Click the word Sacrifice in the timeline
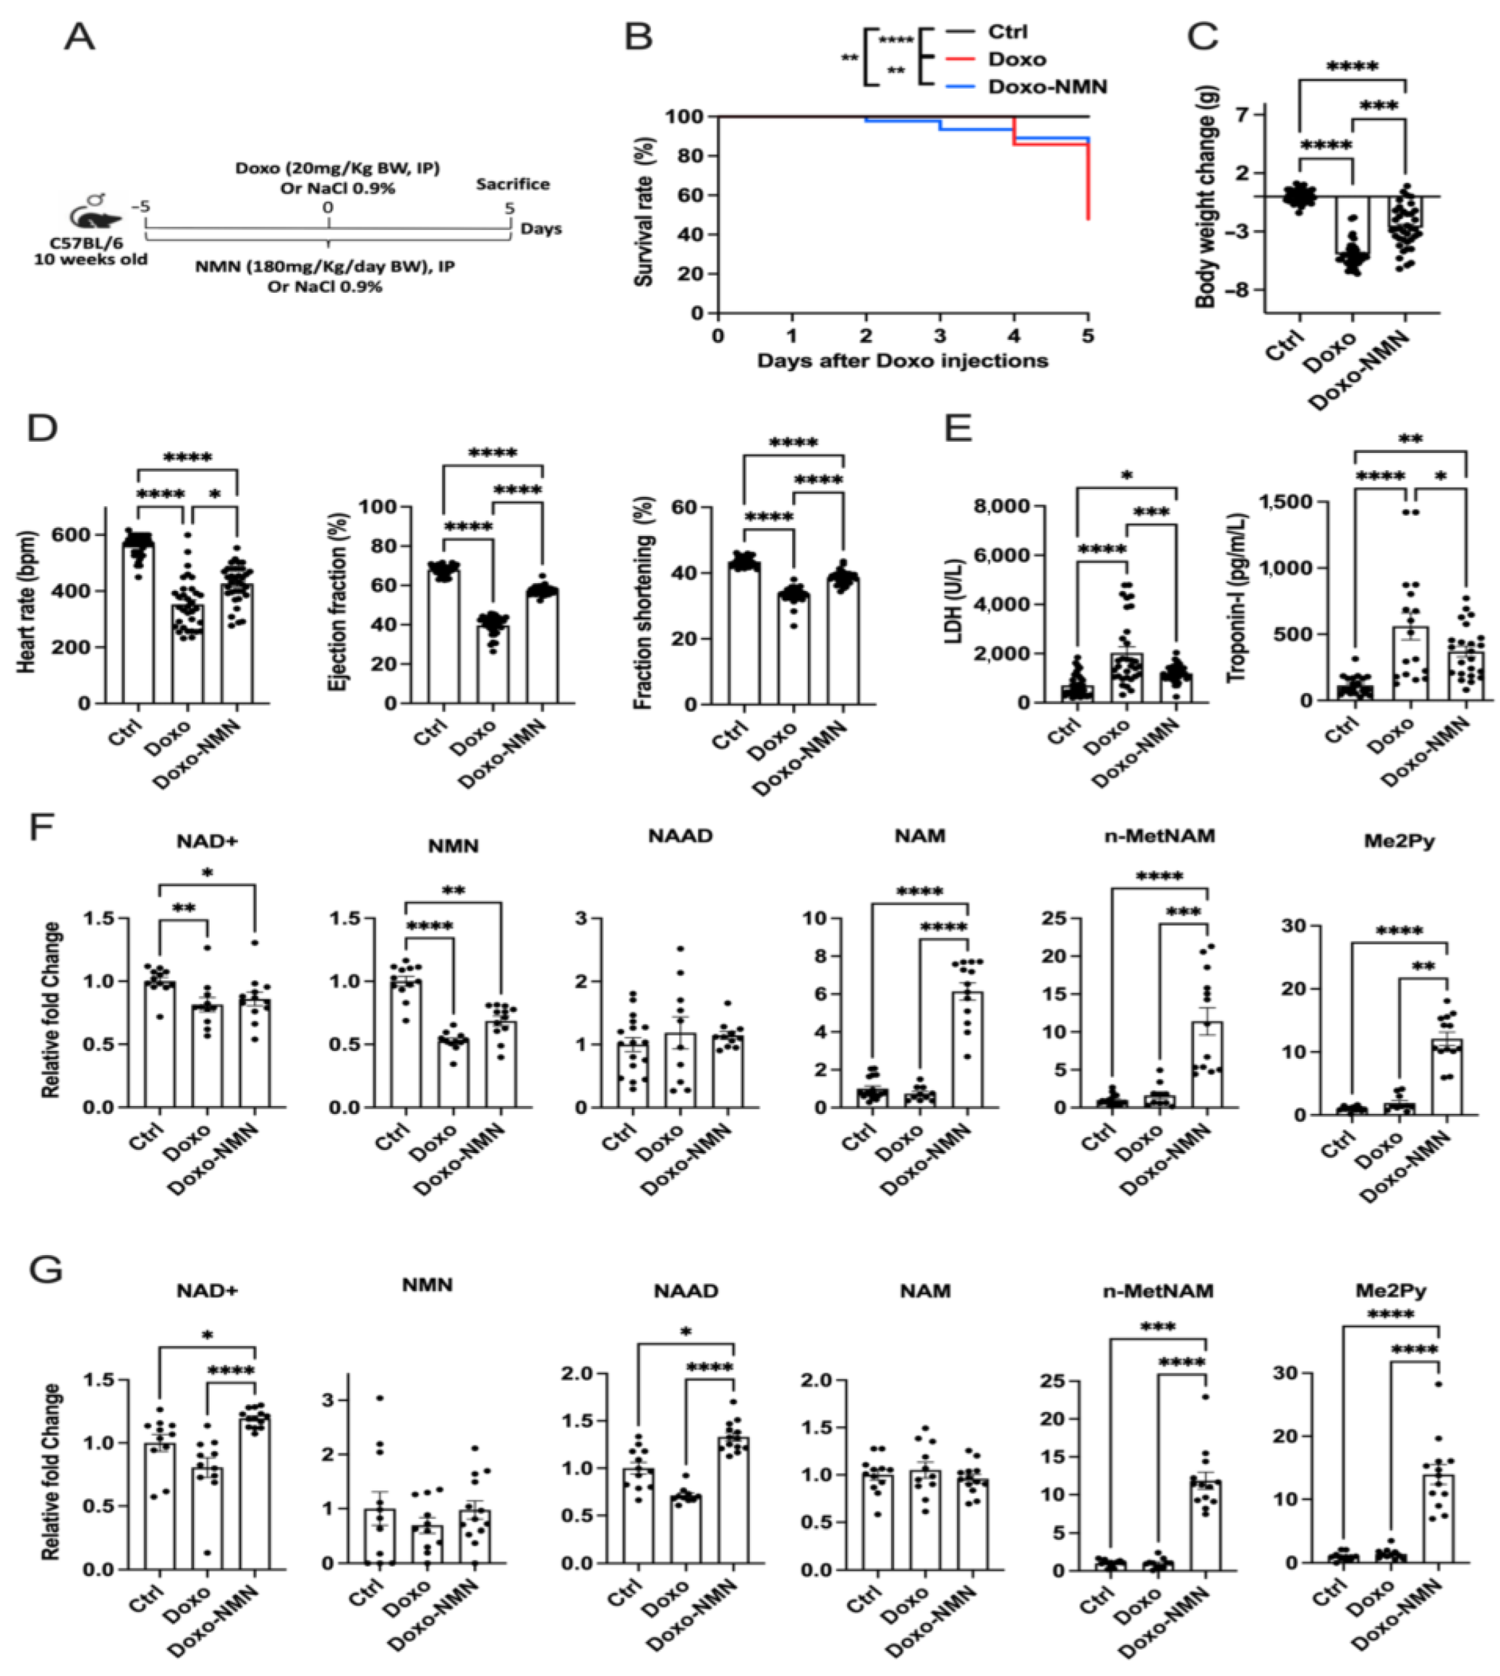512,184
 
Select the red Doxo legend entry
1016,59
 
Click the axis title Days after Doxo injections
903,360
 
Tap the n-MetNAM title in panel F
1159,836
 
